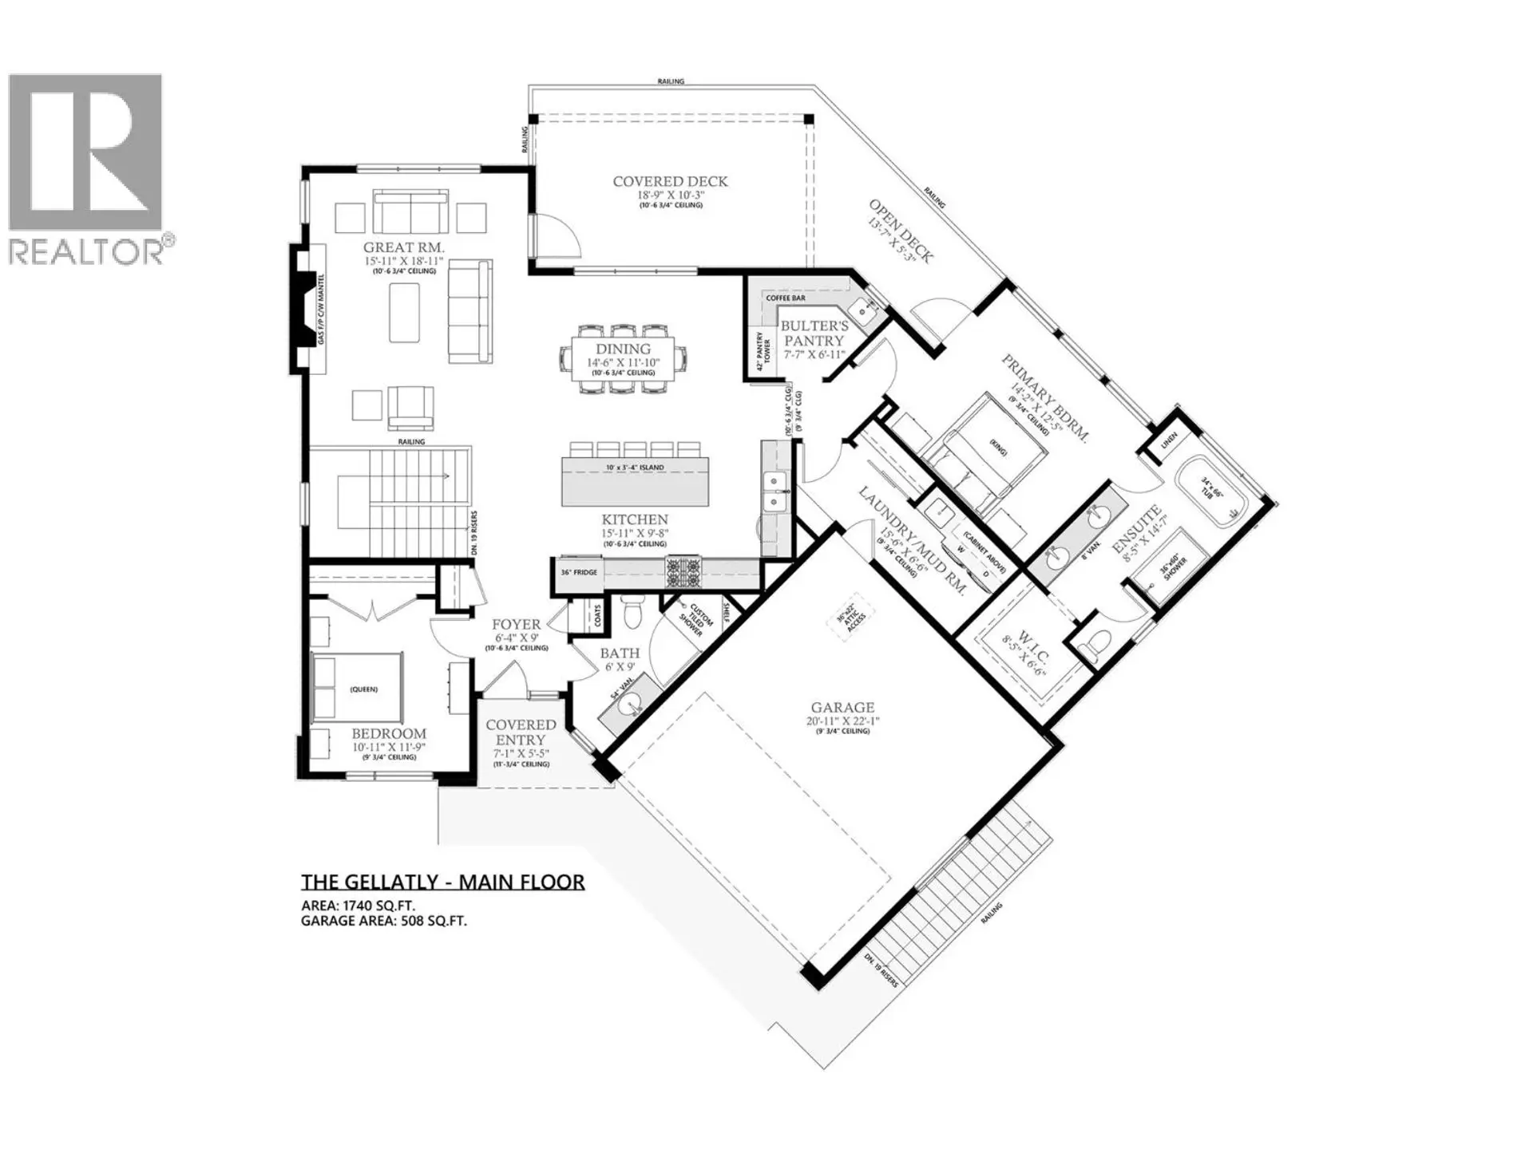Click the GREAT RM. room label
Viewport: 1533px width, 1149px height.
[403, 248]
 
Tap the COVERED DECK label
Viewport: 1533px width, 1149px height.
[670, 182]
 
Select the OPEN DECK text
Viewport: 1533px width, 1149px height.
[901, 231]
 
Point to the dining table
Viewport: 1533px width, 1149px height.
[623, 358]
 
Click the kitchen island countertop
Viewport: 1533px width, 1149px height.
[635, 480]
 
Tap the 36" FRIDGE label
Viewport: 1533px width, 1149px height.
[579, 573]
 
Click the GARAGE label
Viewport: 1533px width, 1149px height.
[842, 708]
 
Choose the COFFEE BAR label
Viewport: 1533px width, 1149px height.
[786, 298]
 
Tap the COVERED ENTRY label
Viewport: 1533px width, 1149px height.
[521, 732]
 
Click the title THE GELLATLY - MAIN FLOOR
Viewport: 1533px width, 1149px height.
[442, 882]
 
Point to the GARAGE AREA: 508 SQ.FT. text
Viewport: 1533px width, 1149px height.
[383, 921]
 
